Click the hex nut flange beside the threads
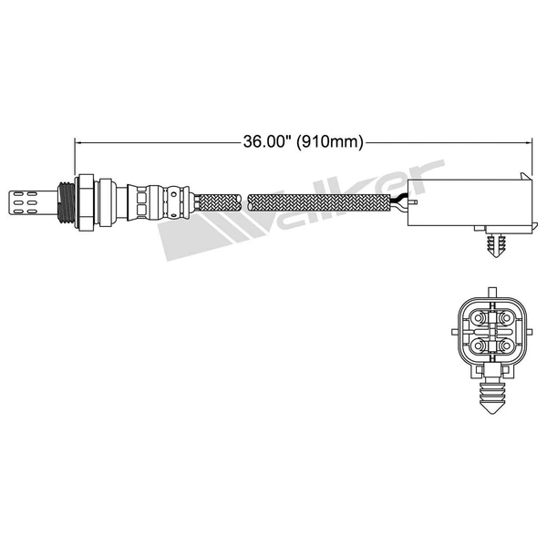point(85,198)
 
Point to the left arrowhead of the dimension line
point(77,141)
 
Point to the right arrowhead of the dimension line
point(528,141)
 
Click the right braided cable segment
point(319,198)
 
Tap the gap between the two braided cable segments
point(244,198)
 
